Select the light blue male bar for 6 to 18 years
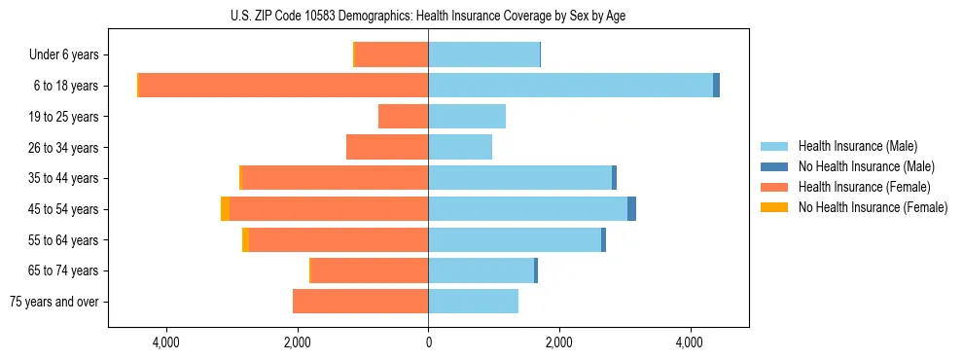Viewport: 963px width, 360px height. click(570, 86)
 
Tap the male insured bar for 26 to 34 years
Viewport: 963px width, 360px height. click(460, 147)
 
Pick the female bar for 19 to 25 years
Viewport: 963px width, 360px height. click(404, 117)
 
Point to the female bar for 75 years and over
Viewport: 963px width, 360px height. click(361, 302)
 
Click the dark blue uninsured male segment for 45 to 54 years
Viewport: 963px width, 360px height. click(631, 209)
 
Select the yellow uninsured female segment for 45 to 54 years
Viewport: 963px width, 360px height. click(226, 209)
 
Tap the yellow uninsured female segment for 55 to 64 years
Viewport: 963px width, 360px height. click(245, 240)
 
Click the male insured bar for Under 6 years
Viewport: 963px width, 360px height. click(483, 54)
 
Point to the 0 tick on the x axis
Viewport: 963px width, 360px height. click(428, 342)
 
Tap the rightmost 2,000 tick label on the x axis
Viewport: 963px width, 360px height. click(558, 342)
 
